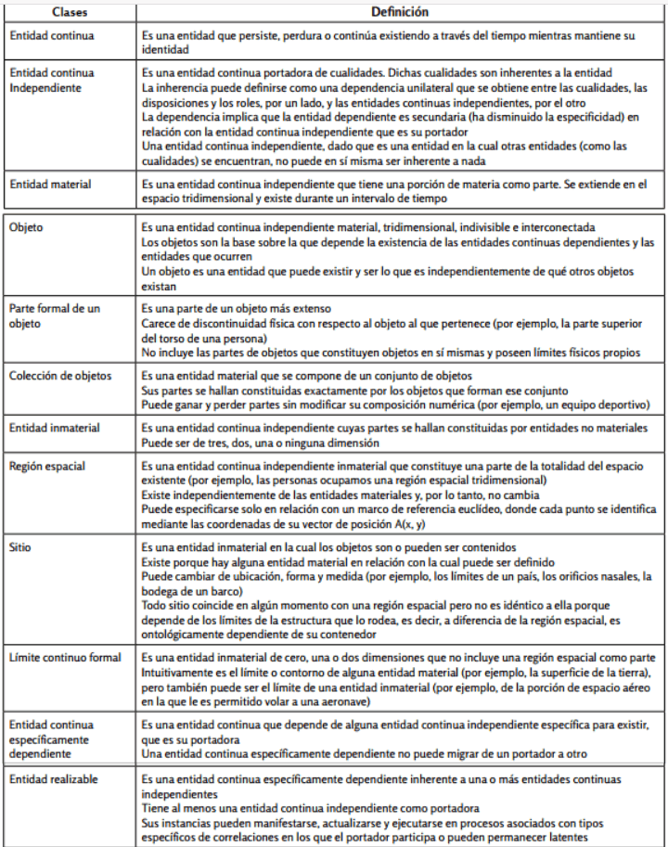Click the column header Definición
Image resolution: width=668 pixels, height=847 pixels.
pos(401,13)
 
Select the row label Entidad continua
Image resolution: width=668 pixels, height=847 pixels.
pos(49,34)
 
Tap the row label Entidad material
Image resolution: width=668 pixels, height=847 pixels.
pos(50,185)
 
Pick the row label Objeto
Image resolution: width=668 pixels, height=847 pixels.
pos(27,226)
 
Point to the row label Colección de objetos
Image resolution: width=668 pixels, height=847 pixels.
pos(59,376)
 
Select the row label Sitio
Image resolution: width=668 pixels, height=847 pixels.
pos(19,548)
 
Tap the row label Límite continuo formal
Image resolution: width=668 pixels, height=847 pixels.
pos(65,658)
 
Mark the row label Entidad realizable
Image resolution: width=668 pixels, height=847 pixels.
pos(53,779)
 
